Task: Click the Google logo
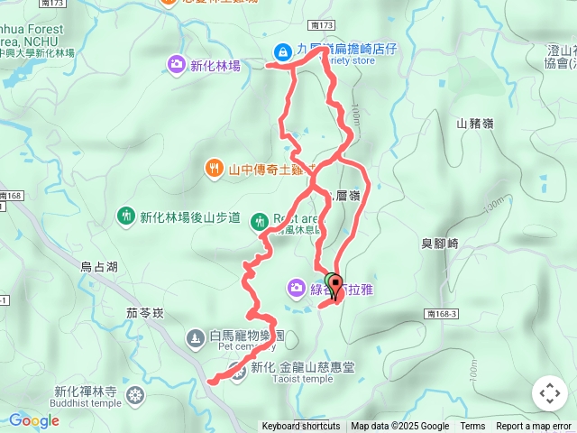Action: pos(33,420)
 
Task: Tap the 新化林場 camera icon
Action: pos(176,64)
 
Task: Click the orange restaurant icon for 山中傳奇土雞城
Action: pos(214,167)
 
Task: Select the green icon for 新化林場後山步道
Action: pos(125,216)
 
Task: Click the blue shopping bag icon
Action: pos(283,51)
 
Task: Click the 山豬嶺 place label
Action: pos(475,124)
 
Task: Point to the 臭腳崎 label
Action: pos(440,244)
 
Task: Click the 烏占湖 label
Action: pos(99,267)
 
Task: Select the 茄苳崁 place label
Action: pos(145,313)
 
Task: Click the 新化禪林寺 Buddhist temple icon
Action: pos(135,394)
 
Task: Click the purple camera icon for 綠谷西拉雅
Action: pos(297,288)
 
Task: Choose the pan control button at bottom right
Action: pos(550,393)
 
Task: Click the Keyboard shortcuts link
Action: pos(301,427)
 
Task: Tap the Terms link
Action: pos(472,427)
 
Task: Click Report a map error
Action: pos(534,427)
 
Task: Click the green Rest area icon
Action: pos(260,220)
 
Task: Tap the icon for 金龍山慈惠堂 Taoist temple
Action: pos(237,369)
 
